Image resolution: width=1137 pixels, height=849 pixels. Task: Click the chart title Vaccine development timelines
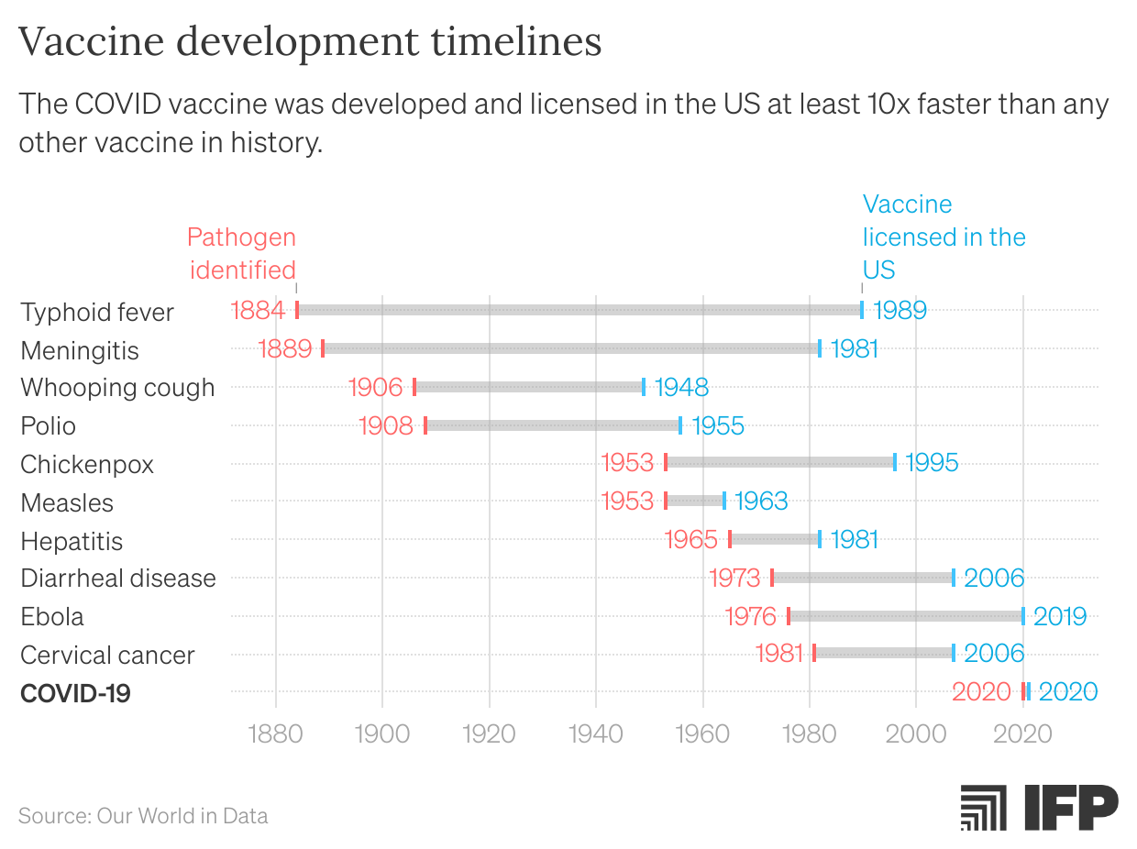point(310,41)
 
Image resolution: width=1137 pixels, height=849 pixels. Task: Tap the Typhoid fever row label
point(97,312)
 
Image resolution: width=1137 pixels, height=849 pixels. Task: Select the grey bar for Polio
point(553,425)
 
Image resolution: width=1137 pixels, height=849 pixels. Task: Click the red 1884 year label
point(259,310)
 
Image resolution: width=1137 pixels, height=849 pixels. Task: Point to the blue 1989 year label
point(900,310)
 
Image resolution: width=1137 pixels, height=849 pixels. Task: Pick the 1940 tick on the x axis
point(596,734)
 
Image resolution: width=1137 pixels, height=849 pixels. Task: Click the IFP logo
point(1039,807)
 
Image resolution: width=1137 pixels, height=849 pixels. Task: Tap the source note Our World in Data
point(143,815)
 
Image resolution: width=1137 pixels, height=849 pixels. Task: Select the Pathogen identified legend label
point(241,253)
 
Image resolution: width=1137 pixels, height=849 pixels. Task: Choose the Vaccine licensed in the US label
point(944,237)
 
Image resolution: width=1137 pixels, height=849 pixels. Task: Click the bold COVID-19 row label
point(75,693)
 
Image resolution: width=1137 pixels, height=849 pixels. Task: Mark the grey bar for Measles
point(695,501)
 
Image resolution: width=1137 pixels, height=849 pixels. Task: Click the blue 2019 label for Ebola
point(1060,616)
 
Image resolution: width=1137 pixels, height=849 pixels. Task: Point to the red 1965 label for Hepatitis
point(691,539)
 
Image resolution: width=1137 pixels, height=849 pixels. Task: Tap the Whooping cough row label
point(117,387)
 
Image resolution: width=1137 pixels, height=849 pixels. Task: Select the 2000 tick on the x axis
point(916,734)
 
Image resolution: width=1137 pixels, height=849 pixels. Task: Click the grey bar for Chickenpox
point(780,462)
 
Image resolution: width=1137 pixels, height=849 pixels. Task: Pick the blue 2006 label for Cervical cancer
point(994,653)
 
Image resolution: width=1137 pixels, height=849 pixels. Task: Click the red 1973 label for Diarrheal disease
point(734,578)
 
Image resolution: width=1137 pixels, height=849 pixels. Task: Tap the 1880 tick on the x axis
point(276,734)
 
